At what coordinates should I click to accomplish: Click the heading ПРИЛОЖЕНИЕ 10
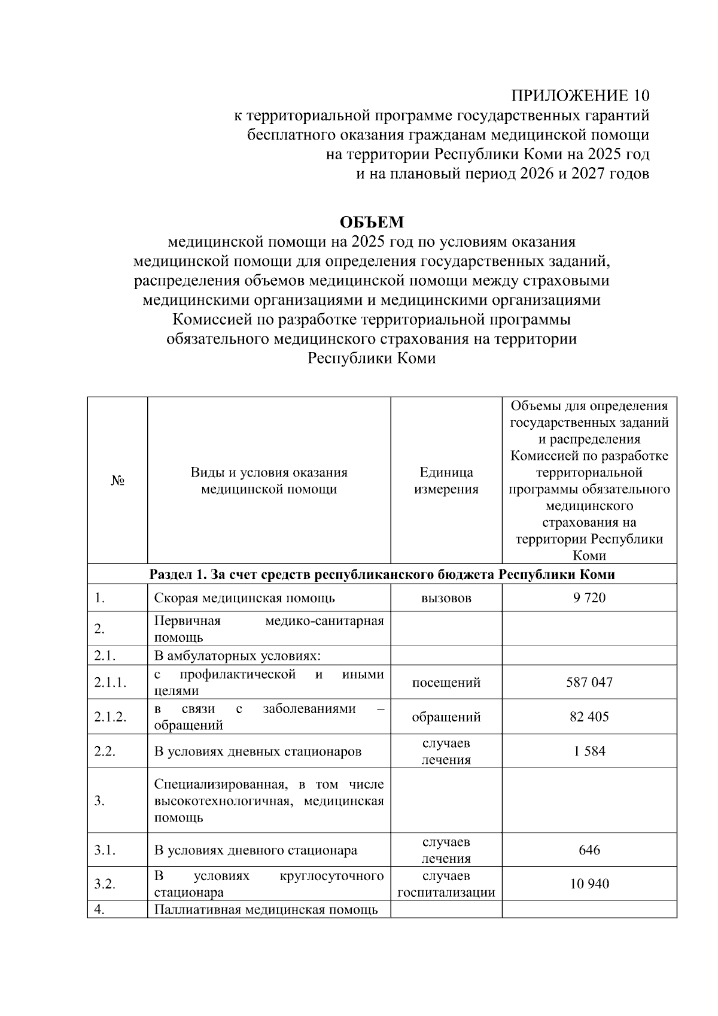coord(579,96)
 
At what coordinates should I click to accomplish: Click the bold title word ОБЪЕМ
coord(372,222)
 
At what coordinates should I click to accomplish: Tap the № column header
coord(117,481)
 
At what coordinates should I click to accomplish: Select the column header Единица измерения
coord(446,481)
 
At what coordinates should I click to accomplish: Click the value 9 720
coord(589,598)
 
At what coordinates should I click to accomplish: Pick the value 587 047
coord(589,683)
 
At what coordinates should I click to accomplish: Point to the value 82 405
coord(589,717)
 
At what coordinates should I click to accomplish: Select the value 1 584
coord(589,751)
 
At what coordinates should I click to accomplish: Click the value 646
coord(589,850)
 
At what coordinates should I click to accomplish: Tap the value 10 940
coord(589,884)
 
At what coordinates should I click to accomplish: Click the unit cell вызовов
coord(446,598)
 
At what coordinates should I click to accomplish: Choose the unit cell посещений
coord(446,683)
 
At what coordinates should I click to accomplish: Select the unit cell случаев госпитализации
coord(446,884)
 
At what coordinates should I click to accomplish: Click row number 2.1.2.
coord(110,717)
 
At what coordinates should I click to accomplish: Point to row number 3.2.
coord(105,884)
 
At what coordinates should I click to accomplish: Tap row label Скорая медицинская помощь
coord(244,598)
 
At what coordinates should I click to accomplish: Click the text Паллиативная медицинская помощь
coord(266,910)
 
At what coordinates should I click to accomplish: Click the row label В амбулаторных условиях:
coord(237,656)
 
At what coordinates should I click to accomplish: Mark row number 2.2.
coord(105,751)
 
